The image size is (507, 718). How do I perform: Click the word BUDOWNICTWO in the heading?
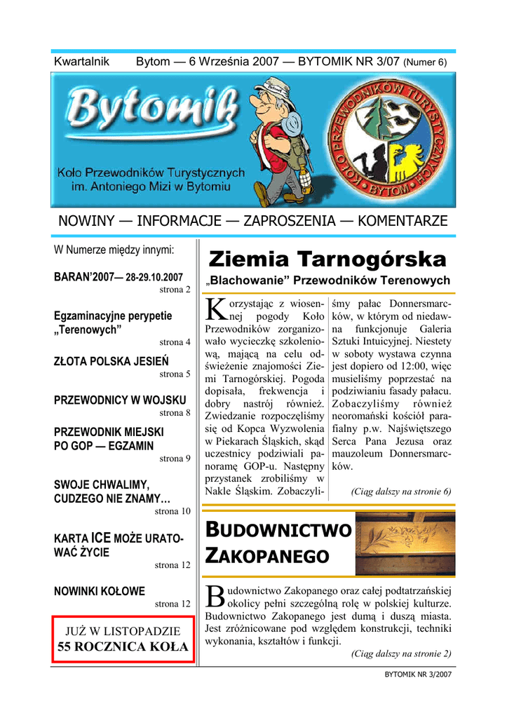click(277, 531)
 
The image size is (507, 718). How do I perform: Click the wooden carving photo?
click(405, 544)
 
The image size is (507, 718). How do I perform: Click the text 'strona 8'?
click(175, 413)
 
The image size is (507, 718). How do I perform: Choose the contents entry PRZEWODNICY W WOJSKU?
click(120, 400)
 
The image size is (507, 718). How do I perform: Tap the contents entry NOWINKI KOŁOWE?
click(100, 590)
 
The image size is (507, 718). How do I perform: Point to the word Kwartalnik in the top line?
click(81, 62)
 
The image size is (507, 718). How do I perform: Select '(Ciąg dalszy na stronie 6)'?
click(400, 492)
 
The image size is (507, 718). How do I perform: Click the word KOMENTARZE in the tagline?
click(402, 221)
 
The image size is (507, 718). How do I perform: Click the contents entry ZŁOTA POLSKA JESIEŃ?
click(111, 362)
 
